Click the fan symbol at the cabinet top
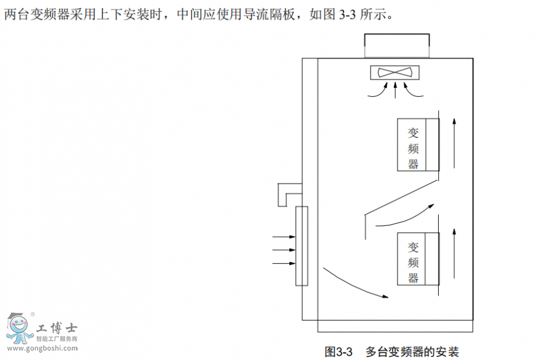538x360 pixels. [396, 72]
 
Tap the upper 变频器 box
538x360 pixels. [418, 145]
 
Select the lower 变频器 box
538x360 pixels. [418, 258]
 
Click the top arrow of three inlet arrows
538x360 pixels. [284, 237]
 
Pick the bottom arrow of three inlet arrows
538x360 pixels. [284, 263]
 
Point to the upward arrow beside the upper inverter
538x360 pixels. [455, 142]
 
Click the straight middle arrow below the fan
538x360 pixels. [396, 89]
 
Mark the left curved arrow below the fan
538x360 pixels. [377, 90]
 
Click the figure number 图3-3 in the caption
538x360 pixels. [339, 350]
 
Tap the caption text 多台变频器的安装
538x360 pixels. [412, 350]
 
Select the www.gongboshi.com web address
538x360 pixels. [42, 347]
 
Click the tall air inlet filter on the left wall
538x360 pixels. [302, 246]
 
